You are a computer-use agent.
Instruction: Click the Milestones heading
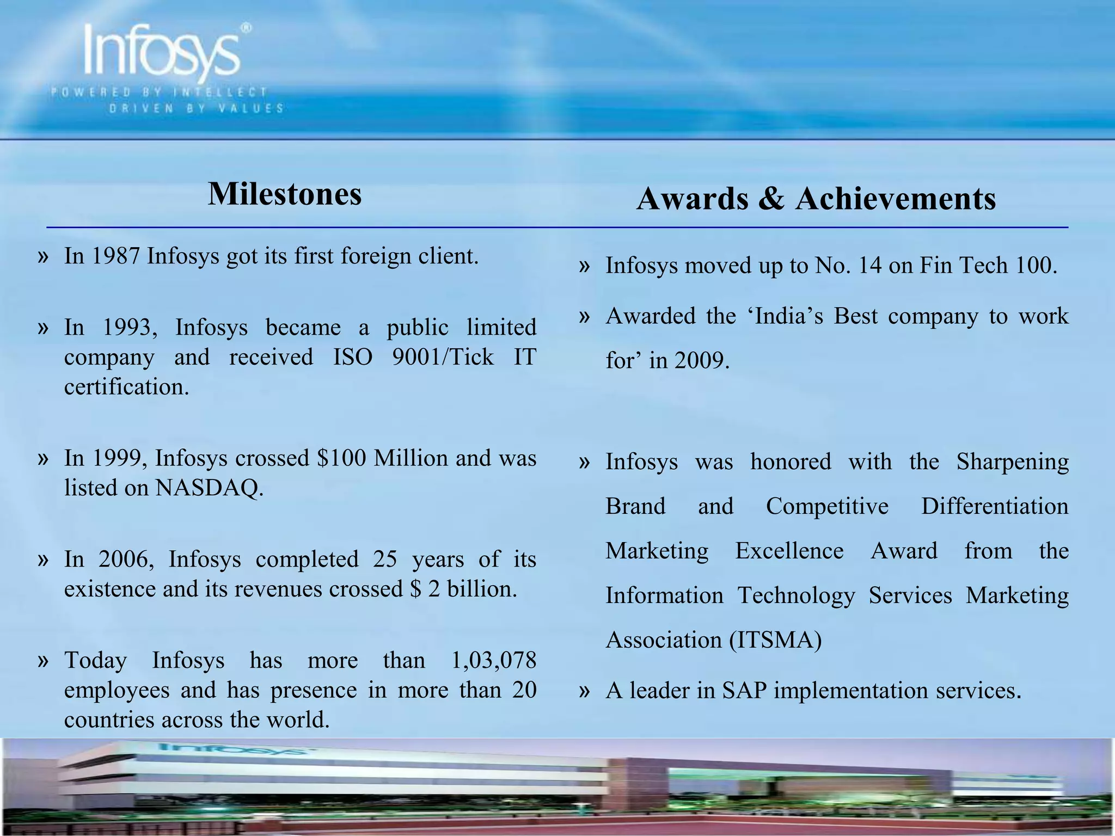pyautogui.click(x=285, y=194)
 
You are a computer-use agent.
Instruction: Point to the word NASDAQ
pyautogui.click(x=209, y=488)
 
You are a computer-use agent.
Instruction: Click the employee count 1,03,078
pyautogui.click(x=494, y=660)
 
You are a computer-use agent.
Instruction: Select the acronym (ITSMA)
pyautogui.click(x=775, y=640)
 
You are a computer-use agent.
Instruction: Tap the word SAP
pyautogui.click(x=744, y=691)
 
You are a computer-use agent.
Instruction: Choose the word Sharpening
pyautogui.click(x=1013, y=462)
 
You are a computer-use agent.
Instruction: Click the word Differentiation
pyautogui.click(x=995, y=506)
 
